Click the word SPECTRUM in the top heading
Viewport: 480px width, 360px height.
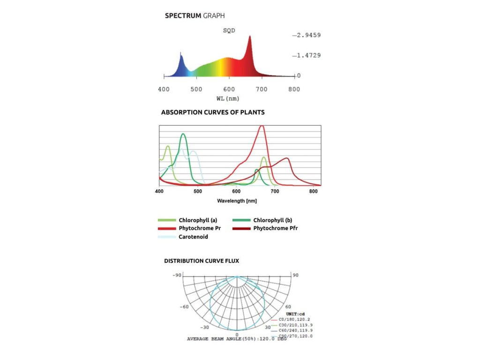[x=183, y=15]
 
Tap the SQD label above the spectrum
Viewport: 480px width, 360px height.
[x=229, y=30]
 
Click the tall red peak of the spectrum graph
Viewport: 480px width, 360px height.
[x=249, y=37]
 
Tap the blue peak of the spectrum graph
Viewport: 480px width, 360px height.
[x=181, y=55]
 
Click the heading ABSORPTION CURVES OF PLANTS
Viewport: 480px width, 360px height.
[x=213, y=112]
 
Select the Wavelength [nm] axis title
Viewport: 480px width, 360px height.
[x=237, y=201]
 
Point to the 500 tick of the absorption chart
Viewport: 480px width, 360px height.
[x=198, y=192]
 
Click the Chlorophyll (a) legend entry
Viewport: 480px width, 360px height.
[x=197, y=220]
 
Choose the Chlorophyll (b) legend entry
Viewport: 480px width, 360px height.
[x=272, y=220]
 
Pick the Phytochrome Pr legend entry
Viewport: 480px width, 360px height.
[x=199, y=228]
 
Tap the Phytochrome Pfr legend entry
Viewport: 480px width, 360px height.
[x=275, y=228]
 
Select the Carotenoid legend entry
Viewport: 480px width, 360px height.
[x=193, y=237]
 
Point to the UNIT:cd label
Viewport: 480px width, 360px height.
[x=295, y=314]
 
